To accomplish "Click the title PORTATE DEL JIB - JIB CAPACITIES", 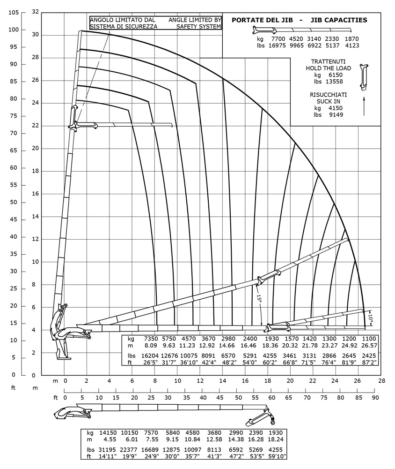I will click(x=299, y=20).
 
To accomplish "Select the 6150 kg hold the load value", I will click(x=335, y=75).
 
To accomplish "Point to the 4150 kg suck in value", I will click(x=335, y=107).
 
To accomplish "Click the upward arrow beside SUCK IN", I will click(x=364, y=106).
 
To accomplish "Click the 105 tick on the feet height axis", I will click(x=13, y=13).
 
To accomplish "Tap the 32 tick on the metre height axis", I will click(x=35, y=13).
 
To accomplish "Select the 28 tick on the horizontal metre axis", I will click(x=381, y=381).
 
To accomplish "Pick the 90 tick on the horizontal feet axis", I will click(x=375, y=398).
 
